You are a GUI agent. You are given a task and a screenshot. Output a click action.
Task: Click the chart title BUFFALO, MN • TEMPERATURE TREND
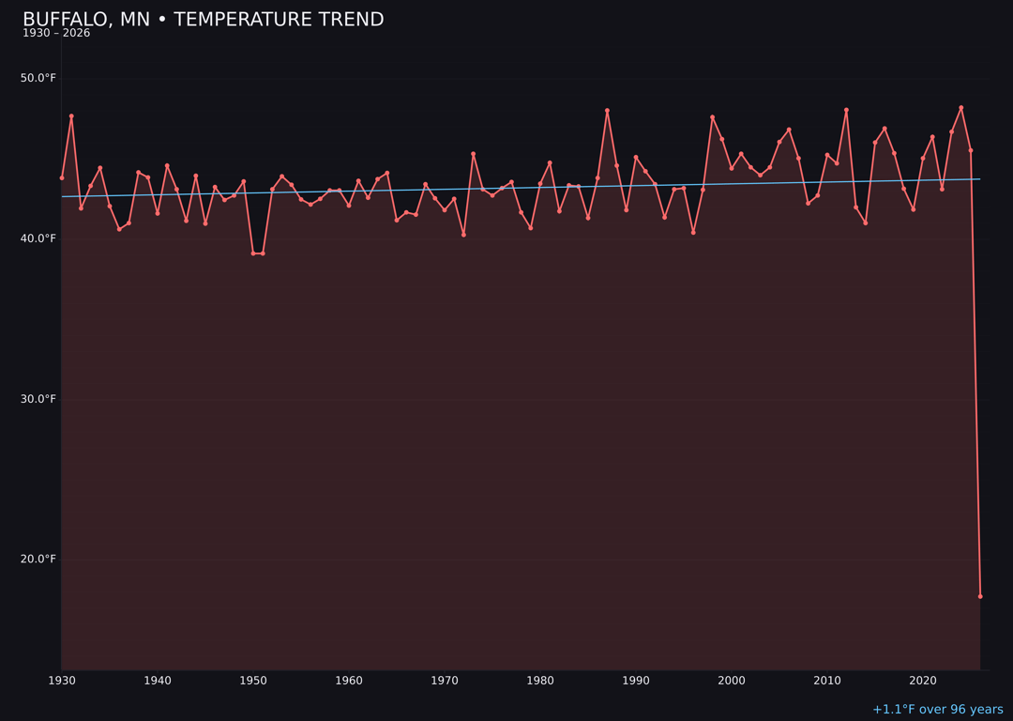click(203, 20)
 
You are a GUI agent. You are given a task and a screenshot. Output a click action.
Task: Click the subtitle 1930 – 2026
click(56, 34)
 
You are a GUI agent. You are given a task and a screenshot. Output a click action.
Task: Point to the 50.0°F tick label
click(38, 78)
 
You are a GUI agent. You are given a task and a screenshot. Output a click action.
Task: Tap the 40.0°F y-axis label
click(38, 238)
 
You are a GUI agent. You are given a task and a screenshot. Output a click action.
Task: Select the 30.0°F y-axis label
click(38, 399)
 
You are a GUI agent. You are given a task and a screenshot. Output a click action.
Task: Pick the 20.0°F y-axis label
click(38, 560)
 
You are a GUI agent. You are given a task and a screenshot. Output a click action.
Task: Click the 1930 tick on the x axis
click(62, 681)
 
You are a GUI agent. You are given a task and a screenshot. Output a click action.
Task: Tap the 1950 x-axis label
click(253, 681)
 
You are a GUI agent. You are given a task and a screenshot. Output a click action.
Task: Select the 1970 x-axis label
click(445, 681)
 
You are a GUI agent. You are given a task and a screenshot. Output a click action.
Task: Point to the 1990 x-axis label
click(636, 681)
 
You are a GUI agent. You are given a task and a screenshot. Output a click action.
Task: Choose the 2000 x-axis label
click(732, 681)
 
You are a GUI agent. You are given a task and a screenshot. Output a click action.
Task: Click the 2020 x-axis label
click(923, 681)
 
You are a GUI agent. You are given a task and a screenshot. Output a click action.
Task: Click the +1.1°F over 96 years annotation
click(937, 710)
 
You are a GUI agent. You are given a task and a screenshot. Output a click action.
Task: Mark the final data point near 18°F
click(980, 596)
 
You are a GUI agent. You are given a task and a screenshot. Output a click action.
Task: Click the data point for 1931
click(71, 116)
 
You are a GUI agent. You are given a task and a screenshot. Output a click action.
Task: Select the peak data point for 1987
click(607, 111)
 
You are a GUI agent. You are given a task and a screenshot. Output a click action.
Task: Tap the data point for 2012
click(846, 110)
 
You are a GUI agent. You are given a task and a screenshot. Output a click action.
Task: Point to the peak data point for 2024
click(960, 108)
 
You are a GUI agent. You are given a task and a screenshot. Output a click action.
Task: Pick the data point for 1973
click(473, 154)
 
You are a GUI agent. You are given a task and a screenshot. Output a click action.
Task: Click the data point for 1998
click(712, 117)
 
